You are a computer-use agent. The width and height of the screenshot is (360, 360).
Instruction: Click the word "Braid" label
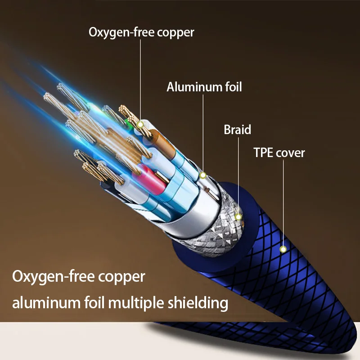pyautogui.click(x=237, y=130)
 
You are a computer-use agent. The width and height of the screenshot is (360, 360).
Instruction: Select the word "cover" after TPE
pyautogui.click(x=290, y=153)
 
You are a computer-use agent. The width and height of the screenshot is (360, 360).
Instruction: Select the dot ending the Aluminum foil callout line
pyautogui.click(x=203, y=175)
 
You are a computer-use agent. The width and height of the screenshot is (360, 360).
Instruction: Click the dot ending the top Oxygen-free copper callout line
pyautogui.click(x=140, y=124)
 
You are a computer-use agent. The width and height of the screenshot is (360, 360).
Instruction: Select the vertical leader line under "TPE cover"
pyautogui.click(x=283, y=202)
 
